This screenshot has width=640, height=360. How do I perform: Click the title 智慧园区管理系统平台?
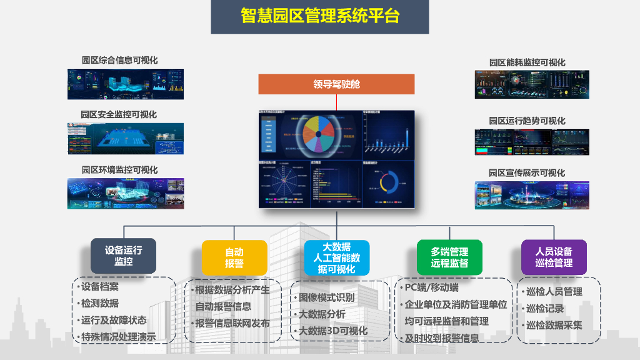319,16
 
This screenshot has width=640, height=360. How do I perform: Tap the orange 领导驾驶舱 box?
336,84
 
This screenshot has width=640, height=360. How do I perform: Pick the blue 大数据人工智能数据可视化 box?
336,257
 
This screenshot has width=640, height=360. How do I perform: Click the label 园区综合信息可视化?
119,61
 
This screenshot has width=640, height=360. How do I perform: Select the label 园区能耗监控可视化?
527,62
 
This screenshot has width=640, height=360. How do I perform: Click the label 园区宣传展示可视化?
527,173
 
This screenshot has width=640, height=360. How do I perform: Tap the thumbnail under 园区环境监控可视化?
126,193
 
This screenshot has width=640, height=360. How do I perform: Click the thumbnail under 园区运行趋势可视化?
532,142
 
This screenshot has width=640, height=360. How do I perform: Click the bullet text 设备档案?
99,287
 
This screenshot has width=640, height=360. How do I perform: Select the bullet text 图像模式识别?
326,297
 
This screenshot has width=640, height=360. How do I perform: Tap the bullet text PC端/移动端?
431,287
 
